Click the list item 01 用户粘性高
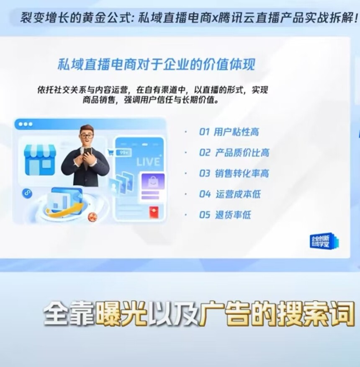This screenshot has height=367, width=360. pyautogui.click(x=229, y=132)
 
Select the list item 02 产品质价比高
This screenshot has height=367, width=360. pyautogui.click(x=234, y=152)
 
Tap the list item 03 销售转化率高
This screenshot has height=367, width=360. pyautogui.click(x=234, y=173)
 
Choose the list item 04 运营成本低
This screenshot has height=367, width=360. pyautogui.click(x=230, y=194)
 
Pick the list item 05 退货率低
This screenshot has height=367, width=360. pyautogui.click(x=225, y=215)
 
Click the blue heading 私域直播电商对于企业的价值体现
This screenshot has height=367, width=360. pyautogui.click(x=156, y=65)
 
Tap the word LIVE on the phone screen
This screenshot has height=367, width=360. pyautogui.click(x=148, y=162)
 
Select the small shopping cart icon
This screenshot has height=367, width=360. pyautogui.click(x=111, y=152)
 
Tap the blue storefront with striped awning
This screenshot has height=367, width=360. pyautogui.click(x=40, y=160)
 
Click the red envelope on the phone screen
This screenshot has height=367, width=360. pyautogui.click(x=154, y=212)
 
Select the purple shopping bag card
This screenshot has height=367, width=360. pyautogui.click(x=153, y=182)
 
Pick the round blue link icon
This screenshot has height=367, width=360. pyautogui.click(x=27, y=193)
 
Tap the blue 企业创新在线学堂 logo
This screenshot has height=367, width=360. pyautogui.click(x=324, y=241)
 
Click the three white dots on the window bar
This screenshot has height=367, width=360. pyautogui.click(x=26, y=124)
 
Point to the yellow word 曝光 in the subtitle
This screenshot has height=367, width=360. pyautogui.click(x=121, y=313)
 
